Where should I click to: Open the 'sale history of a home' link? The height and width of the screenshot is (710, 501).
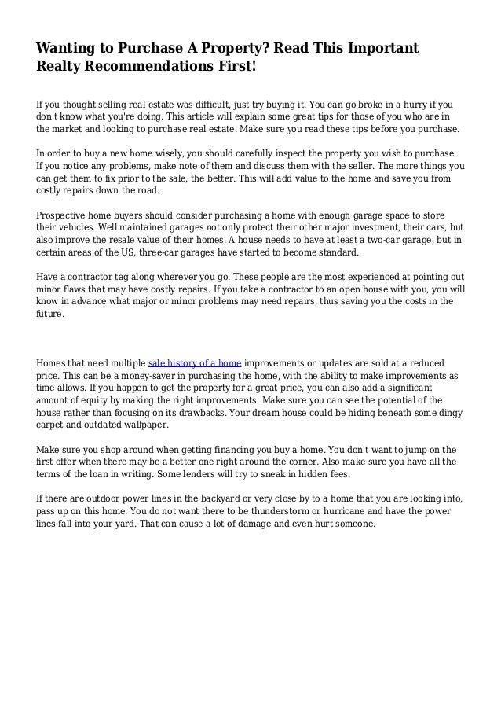pyautogui.click(x=194, y=362)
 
